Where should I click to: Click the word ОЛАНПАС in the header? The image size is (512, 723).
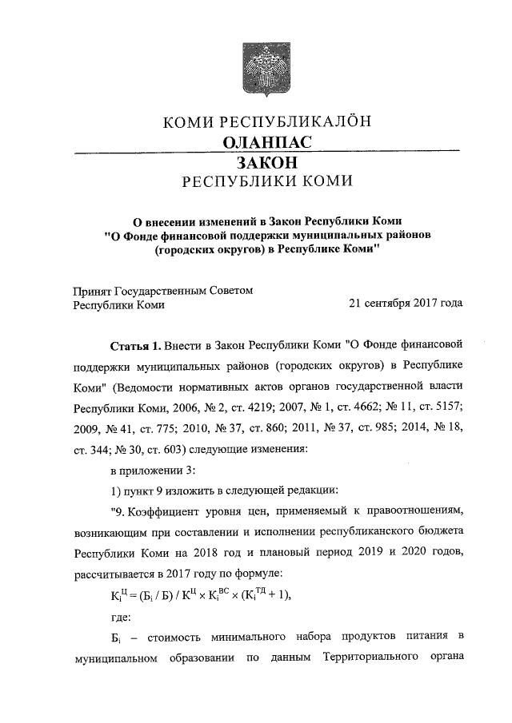(266, 141)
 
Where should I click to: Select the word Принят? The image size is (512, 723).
(92, 291)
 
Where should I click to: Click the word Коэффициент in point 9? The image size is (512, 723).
(166, 510)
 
